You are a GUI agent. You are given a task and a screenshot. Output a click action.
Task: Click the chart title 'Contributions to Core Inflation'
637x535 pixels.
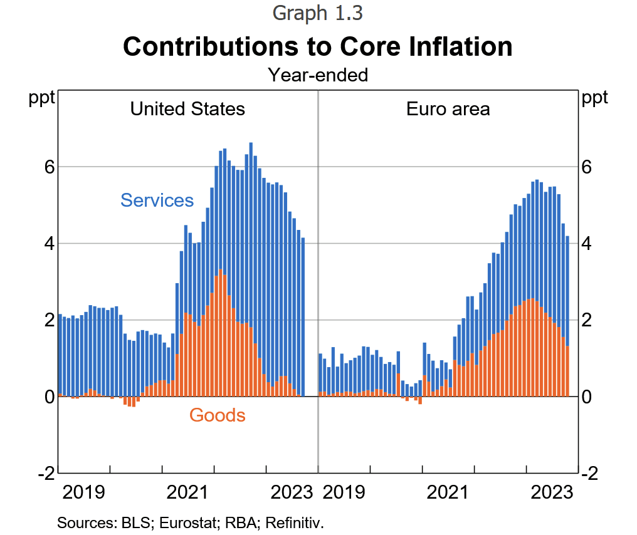[318, 47]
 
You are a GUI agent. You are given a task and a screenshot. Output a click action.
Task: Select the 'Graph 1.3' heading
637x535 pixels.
[318, 13]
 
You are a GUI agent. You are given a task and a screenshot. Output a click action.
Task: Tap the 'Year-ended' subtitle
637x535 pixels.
[318, 76]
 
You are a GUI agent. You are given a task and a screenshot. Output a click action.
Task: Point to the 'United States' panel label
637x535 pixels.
[187, 109]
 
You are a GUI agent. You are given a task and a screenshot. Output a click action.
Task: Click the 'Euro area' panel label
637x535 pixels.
[448, 109]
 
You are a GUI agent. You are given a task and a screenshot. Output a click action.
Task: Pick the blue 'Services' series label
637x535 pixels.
[157, 200]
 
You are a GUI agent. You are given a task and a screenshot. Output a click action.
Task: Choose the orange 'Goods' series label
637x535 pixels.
[217, 415]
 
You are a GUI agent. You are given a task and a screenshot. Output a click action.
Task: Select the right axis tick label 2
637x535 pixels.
[587, 320]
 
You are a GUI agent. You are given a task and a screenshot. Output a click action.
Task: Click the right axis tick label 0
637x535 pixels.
[587, 397]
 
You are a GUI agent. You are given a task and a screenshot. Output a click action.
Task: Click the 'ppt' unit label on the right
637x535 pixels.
[594, 98]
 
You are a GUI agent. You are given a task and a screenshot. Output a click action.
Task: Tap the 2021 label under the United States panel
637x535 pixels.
[187, 492]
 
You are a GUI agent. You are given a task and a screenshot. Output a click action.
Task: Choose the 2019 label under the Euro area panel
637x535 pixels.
[344, 492]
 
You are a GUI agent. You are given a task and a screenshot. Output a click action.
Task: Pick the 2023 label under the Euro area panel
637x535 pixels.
[552, 492]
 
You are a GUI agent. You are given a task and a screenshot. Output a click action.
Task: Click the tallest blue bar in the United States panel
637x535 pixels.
[251, 188]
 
